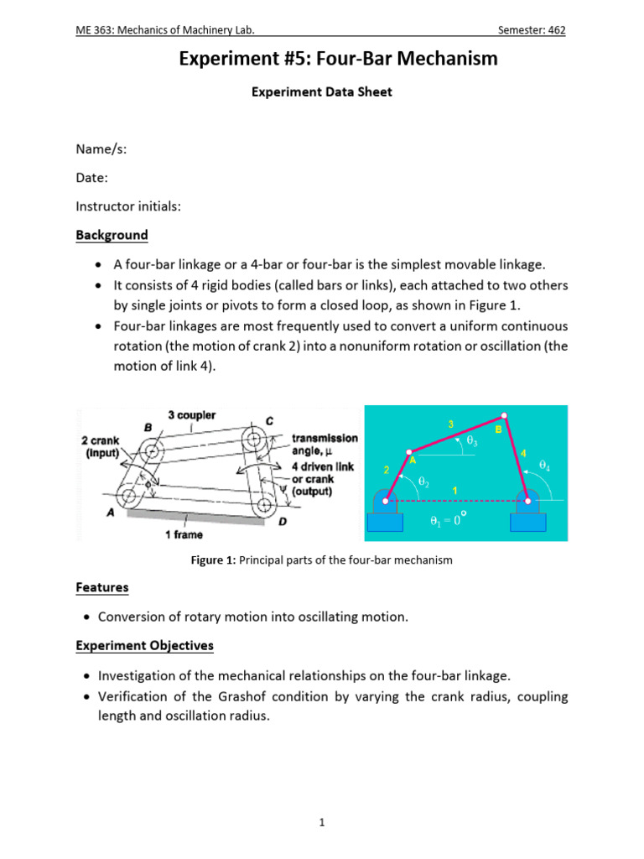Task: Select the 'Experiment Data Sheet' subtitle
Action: coord(322,92)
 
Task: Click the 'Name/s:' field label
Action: coord(101,149)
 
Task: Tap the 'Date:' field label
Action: coord(91,178)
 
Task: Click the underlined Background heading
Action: coord(112,235)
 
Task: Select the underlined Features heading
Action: coord(102,588)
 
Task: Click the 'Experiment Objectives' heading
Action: coord(144,646)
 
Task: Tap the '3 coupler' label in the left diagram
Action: coord(192,415)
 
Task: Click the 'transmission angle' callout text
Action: coord(324,444)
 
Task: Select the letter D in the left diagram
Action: coord(281,521)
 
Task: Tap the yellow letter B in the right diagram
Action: coord(497,429)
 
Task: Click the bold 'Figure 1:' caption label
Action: coord(214,560)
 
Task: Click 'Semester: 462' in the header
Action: coord(532,30)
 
